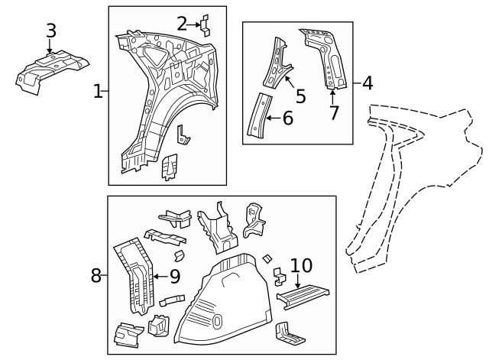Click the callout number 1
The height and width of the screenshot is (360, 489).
[98, 92]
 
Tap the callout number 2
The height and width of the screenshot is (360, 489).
[182, 24]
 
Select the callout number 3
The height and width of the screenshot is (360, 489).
[51, 31]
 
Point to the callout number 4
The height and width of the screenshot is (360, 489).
[367, 83]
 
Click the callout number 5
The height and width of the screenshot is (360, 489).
[300, 96]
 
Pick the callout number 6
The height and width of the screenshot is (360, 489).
[287, 118]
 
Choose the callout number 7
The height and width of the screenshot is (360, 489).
[334, 113]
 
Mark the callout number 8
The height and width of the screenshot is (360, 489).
[96, 275]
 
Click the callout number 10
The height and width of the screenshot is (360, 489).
[301, 265]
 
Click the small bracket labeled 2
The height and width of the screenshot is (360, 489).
[206, 24]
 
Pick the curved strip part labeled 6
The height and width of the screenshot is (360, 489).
[257, 116]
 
